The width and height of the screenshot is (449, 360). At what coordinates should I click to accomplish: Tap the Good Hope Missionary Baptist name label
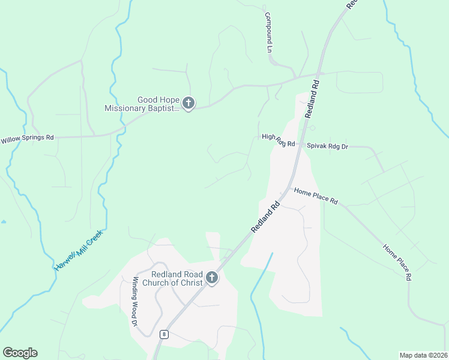click(142, 104)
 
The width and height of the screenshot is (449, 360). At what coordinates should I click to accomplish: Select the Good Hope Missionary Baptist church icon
click(188, 103)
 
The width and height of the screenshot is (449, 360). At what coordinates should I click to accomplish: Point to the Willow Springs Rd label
click(27, 138)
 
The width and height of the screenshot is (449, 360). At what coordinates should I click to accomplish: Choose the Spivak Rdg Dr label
click(327, 145)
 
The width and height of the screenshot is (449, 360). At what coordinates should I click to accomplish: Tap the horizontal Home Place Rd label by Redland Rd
click(316, 196)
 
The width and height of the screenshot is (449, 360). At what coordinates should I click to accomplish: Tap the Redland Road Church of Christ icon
click(211, 277)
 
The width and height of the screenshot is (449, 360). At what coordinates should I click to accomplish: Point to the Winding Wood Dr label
click(135, 301)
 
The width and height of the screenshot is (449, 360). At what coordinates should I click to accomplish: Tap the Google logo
click(20, 353)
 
